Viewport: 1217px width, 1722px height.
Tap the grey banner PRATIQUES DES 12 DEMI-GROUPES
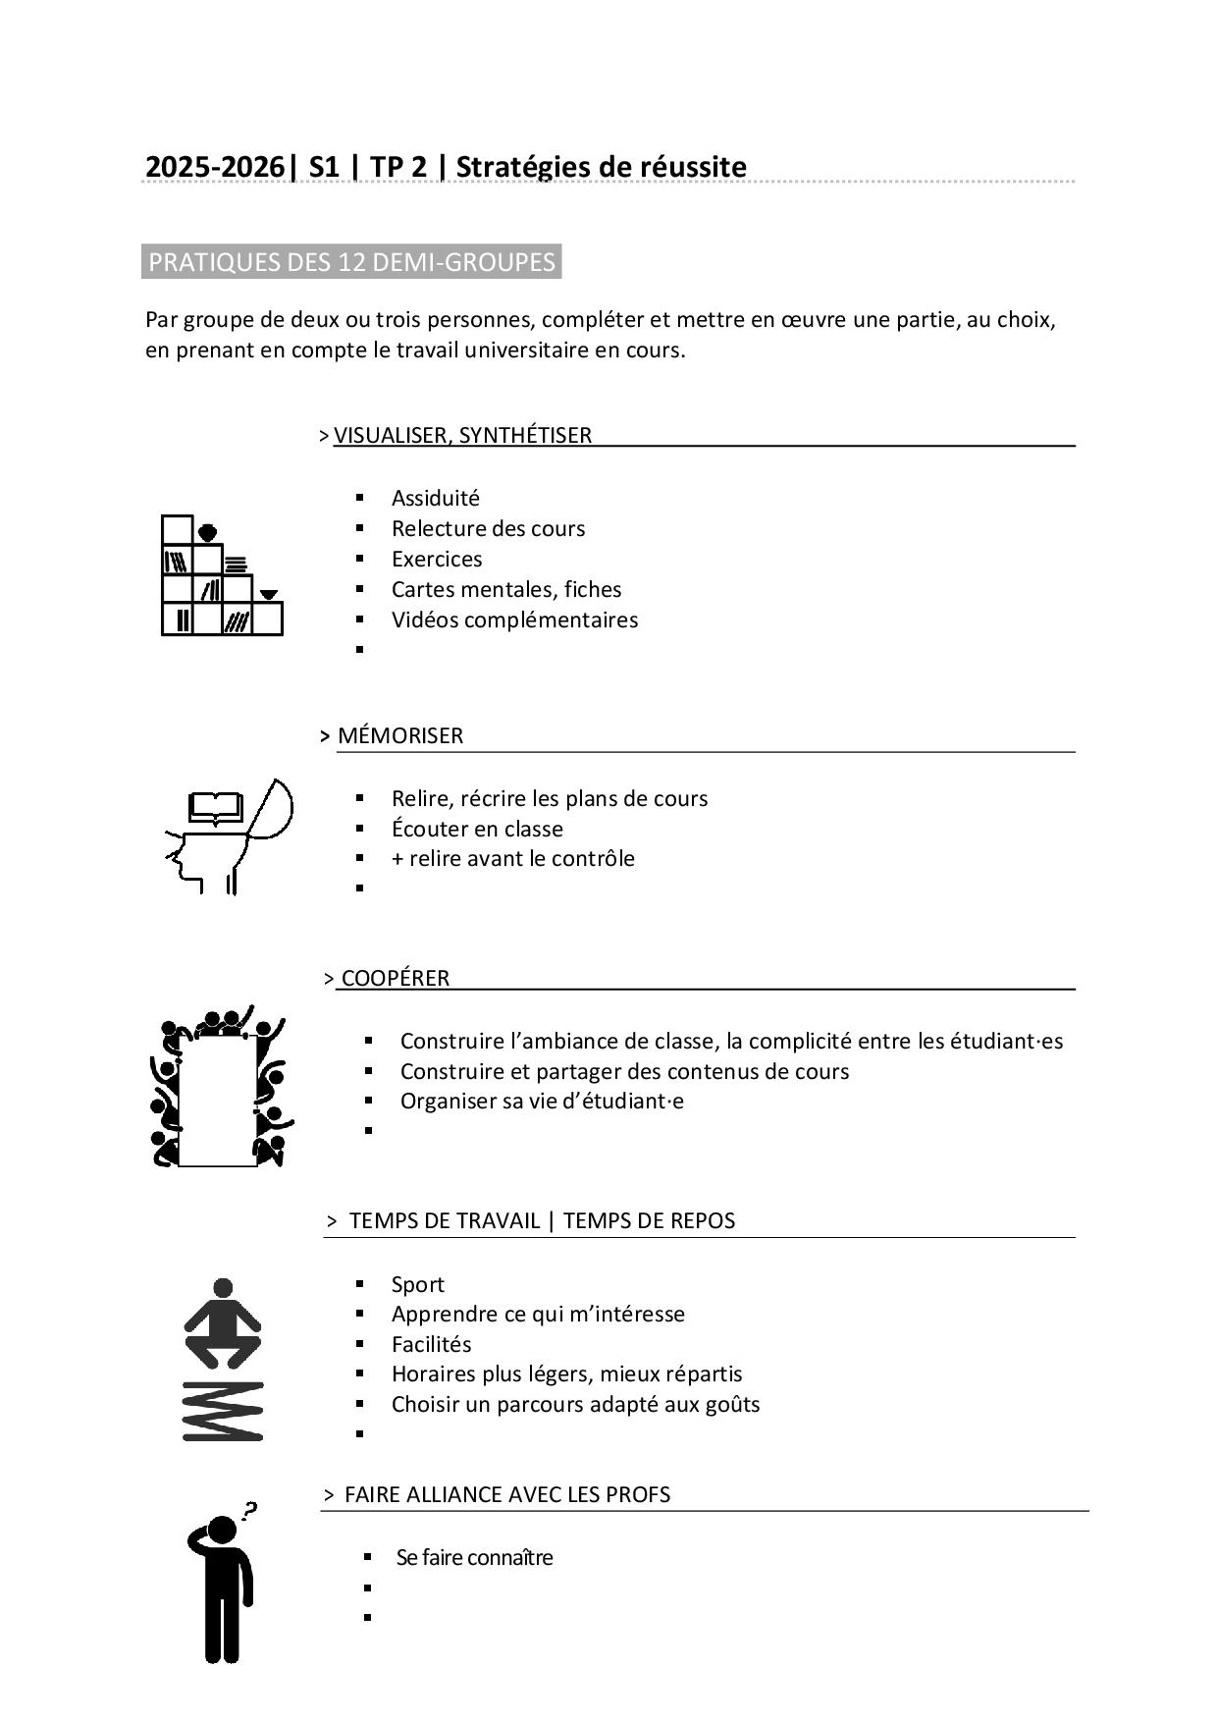pyautogui.click(x=351, y=262)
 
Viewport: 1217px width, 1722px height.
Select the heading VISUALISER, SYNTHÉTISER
pyautogui.click(x=462, y=435)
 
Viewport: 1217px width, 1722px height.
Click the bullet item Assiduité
pyautogui.click(x=435, y=498)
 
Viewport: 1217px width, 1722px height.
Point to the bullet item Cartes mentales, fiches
pyautogui.click(x=505, y=589)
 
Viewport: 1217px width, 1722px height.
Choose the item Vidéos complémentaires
pyautogui.click(x=514, y=619)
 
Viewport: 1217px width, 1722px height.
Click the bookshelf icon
pyautogui.click(x=222, y=576)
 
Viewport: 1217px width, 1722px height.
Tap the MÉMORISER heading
pyautogui.click(x=399, y=735)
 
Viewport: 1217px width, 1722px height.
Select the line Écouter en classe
pyautogui.click(x=477, y=829)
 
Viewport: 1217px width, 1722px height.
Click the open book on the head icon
pyautogui.click(x=216, y=807)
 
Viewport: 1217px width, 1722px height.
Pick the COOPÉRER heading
pyautogui.click(x=395, y=978)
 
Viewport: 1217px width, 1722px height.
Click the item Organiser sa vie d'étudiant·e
pyautogui.click(x=542, y=1101)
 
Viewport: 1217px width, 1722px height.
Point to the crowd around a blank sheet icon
pyautogui.click(x=219, y=1088)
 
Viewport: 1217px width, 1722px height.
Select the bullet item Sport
pyautogui.click(x=417, y=1284)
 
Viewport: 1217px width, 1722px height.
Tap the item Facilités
pyautogui.click(x=431, y=1344)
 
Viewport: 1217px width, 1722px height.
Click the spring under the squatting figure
pyautogui.click(x=223, y=1411)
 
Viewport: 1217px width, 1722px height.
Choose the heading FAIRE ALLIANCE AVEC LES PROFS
pyautogui.click(x=507, y=1494)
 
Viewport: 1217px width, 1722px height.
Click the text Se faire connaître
pyautogui.click(x=474, y=1557)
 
